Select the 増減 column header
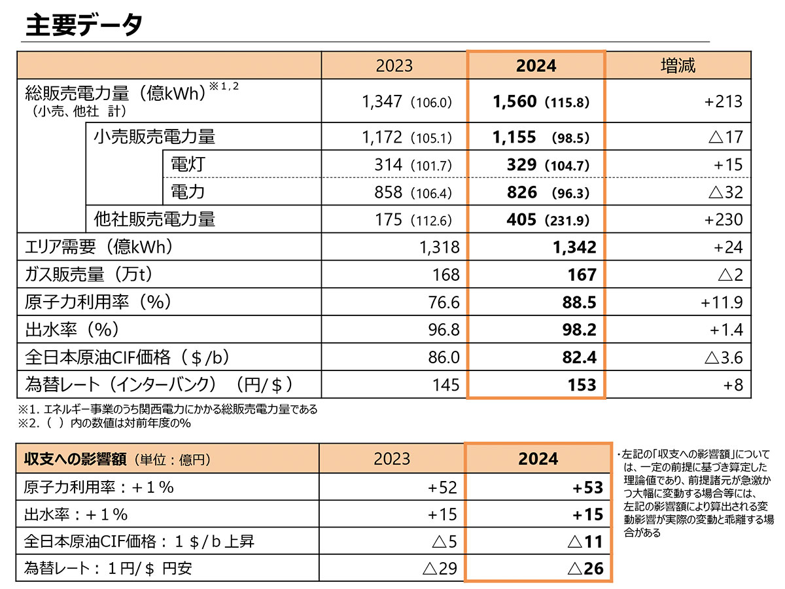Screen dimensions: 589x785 click(x=678, y=65)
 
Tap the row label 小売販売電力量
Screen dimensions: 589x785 click(x=154, y=137)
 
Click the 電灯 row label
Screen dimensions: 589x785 click(x=188, y=164)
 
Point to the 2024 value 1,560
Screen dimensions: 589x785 click(x=514, y=101)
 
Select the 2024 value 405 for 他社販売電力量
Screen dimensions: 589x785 click(x=521, y=219)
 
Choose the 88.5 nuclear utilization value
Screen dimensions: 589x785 click(x=579, y=302)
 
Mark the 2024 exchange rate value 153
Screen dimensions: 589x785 click(x=582, y=385)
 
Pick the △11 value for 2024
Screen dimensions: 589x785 click(x=585, y=541)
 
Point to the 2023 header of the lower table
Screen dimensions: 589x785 click(x=392, y=458)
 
